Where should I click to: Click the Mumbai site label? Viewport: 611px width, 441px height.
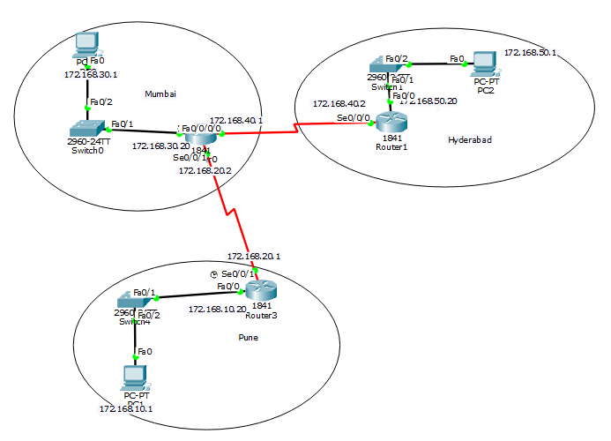click(160, 93)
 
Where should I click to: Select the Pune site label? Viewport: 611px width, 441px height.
click(250, 337)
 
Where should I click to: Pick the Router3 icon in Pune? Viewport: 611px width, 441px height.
click(261, 289)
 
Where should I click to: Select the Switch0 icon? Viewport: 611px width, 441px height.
click(86, 127)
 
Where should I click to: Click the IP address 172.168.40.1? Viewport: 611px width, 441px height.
click(236, 120)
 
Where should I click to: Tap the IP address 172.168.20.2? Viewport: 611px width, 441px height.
click(205, 170)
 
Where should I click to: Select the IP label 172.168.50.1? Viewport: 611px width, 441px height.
click(530, 53)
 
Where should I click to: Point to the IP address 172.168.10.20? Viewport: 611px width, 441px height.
click(217, 310)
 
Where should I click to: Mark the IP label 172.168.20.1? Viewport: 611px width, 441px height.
click(253, 256)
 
